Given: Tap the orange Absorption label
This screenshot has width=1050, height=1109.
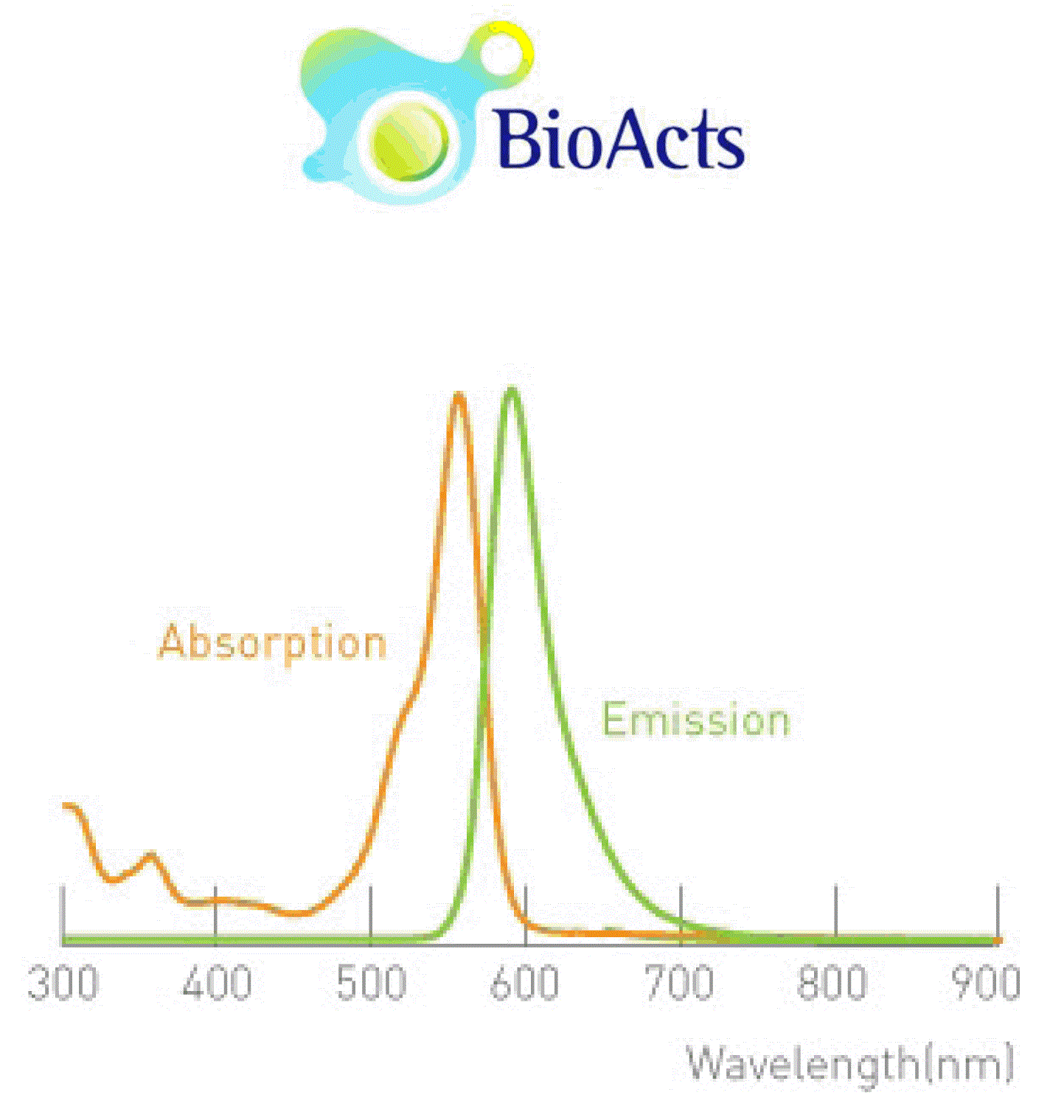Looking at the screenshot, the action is [x=273, y=644].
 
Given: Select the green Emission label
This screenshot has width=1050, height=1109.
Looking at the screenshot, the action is [x=696, y=720].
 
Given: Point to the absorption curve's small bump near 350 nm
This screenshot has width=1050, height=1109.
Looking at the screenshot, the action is [x=150, y=855].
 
